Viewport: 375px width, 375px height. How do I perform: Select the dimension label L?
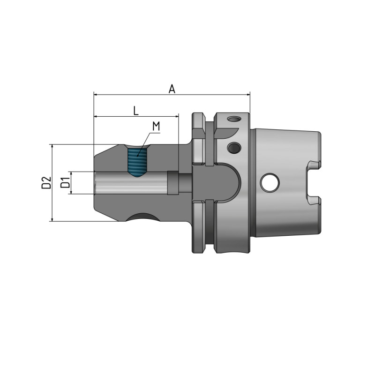(x=135, y=111)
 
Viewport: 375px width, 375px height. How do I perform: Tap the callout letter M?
(x=157, y=127)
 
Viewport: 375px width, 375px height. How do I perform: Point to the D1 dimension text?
(x=66, y=182)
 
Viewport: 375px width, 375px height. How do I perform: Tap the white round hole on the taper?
(x=270, y=182)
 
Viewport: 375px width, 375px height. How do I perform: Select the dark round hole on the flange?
(x=233, y=148)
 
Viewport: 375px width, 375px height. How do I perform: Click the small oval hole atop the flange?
(x=233, y=119)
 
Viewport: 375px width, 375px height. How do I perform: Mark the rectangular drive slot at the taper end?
(x=312, y=183)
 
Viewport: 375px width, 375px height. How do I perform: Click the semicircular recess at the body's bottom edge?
(x=143, y=217)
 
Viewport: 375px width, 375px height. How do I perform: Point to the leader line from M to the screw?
(x=144, y=142)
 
